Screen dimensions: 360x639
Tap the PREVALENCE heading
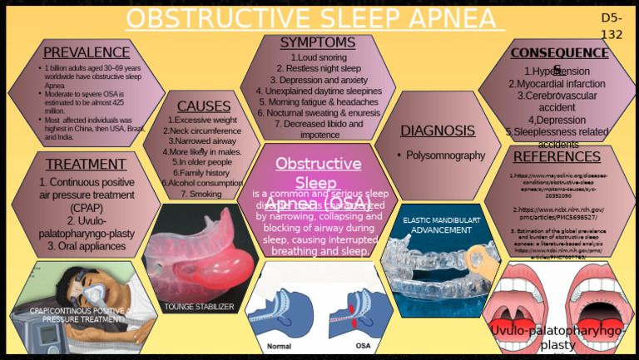click(x=87, y=53)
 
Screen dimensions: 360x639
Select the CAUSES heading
click(x=204, y=106)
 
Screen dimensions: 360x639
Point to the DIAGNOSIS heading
click(x=438, y=131)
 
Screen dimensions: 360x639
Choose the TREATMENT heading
click(x=86, y=164)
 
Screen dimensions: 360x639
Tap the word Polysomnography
click(x=445, y=155)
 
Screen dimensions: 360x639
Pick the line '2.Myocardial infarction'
click(x=557, y=84)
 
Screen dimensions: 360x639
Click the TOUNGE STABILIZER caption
click(x=199, y=307)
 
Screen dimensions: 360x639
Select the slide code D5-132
click(x=612, y=26)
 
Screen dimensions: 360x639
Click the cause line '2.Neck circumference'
click(x=203, y=131)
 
